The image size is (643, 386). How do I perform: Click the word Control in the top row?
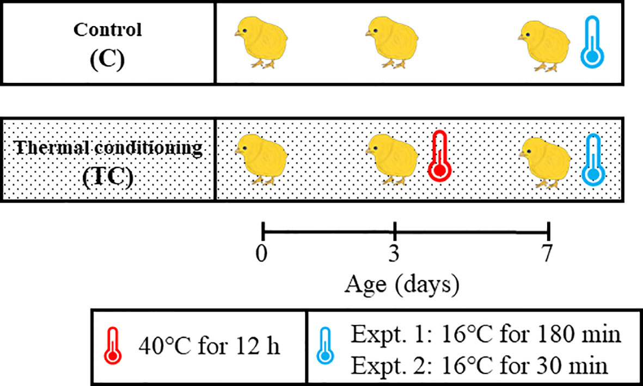[107, 30]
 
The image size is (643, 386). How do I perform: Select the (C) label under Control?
[107, 59]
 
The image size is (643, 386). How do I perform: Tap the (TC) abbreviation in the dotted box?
[107, 179]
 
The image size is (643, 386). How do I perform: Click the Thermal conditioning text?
[107, 149]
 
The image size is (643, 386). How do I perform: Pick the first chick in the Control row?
[261, 42]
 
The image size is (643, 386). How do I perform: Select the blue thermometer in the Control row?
[592, 42]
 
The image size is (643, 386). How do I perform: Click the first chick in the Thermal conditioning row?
[261, 159]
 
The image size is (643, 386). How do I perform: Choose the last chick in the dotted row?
[544, 161]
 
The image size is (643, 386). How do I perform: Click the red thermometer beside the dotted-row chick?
[439, 157]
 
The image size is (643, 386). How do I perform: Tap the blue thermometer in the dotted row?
[592, 160]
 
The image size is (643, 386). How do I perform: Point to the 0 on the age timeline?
[262, 254]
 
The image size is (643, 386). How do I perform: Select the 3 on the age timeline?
[395, 254]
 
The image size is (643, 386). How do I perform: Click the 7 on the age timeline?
[547, 254]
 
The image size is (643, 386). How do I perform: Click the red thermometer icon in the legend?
[113, 347]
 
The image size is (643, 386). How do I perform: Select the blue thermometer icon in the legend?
[326, 347]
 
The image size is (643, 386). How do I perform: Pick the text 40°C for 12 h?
[210, 347]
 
